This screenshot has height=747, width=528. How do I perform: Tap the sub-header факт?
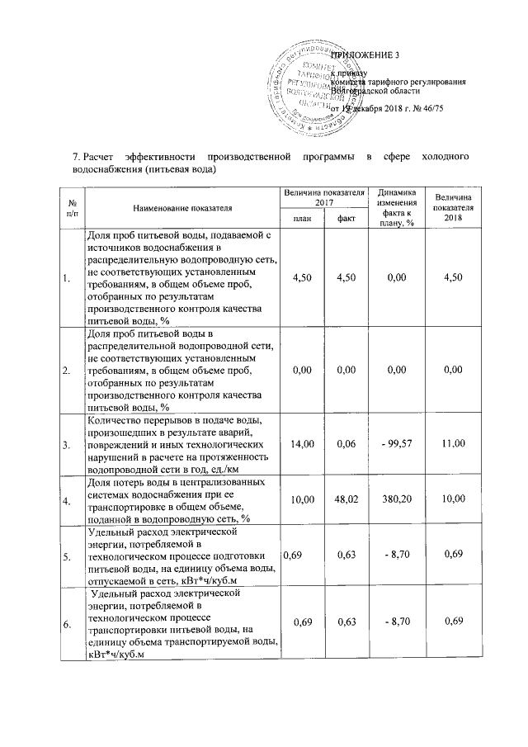point(346,218)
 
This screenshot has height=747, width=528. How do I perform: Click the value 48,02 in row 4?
point(346,499)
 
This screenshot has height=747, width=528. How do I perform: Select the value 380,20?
point(396,499)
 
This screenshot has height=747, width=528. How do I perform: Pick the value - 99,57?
point(396,445)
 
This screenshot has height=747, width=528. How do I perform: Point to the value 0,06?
point(346,445)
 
